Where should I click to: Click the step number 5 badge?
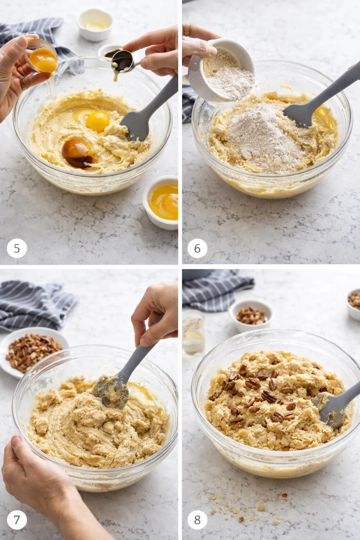[17, 248]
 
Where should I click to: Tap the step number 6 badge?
[197, 248]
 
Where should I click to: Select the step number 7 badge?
[17, 520]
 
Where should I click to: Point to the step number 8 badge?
[197, 520]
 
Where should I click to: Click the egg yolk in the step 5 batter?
[97, 121]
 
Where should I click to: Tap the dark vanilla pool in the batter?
[77, 152]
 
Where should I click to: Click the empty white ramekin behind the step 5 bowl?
[94, 25]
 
